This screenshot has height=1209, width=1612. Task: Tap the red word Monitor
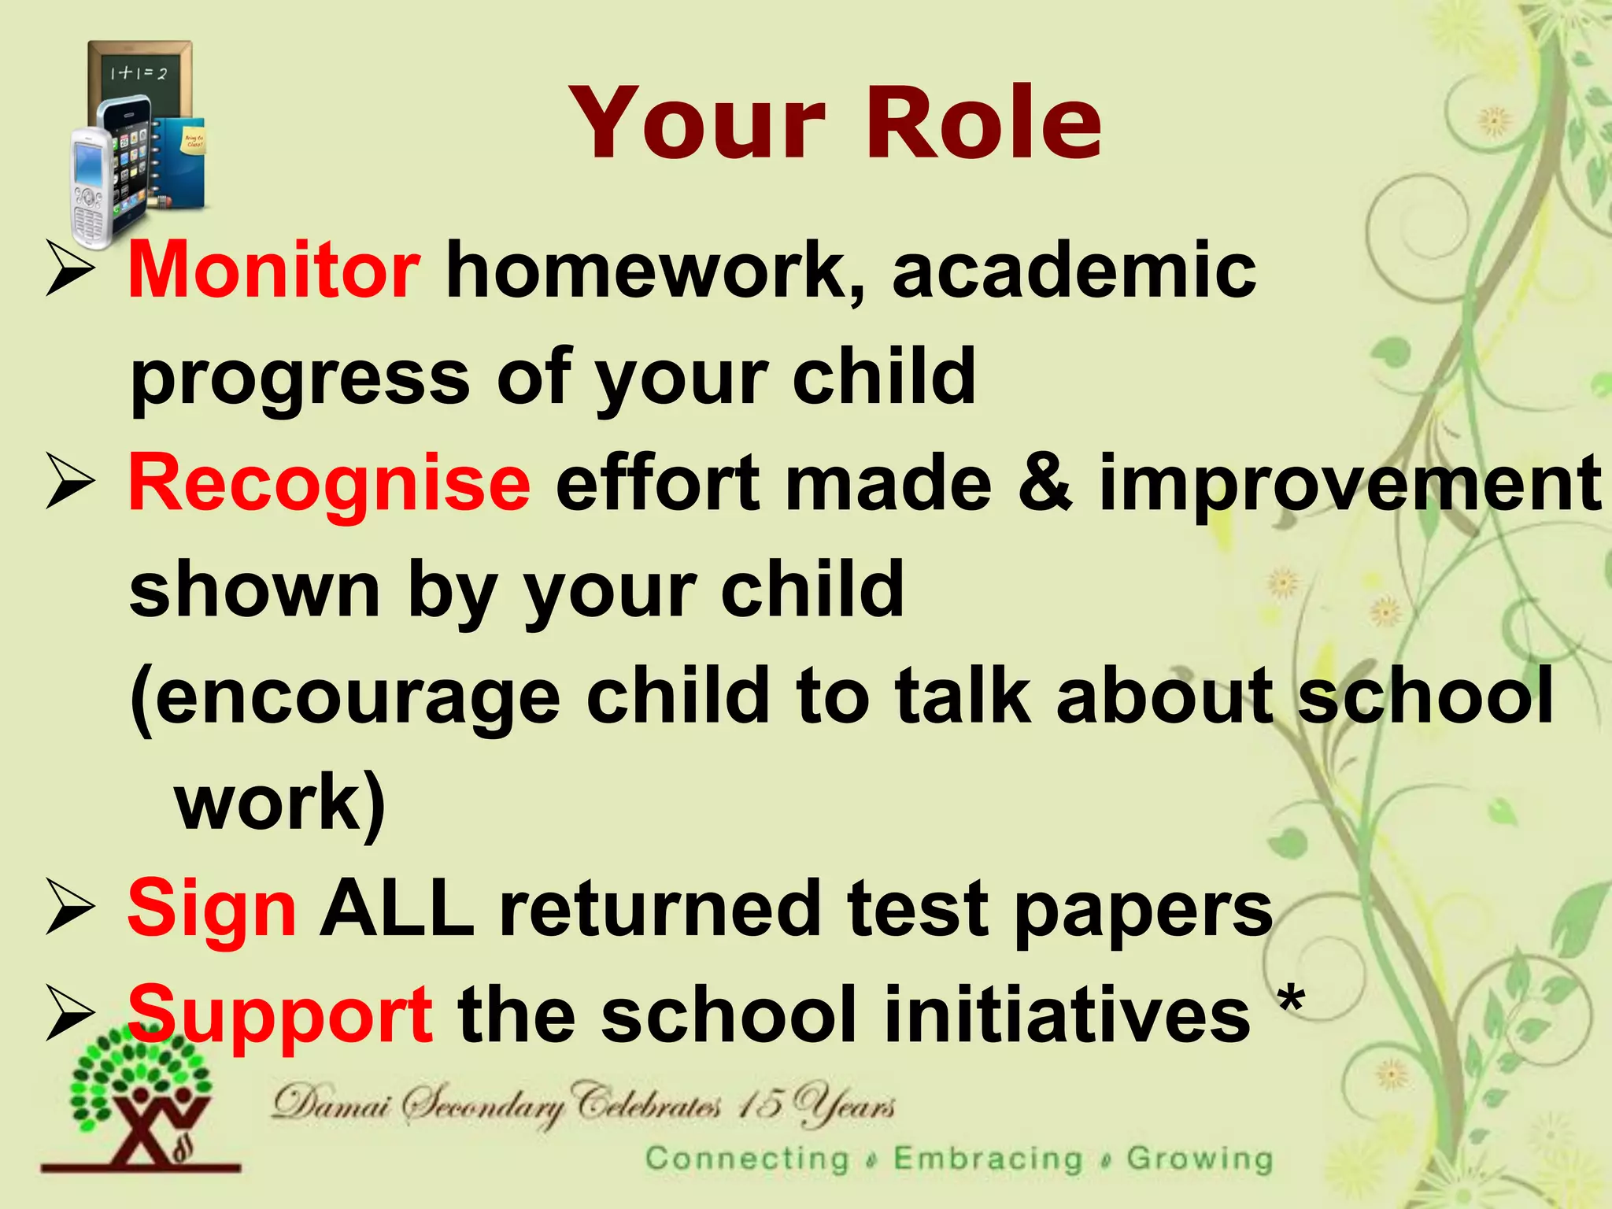pyautogui.click(x=273, y=271)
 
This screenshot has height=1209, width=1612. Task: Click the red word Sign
pyautogui.click(x=212, y=908)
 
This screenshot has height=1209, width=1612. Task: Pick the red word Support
pyautogui.click(x=279, y=1015)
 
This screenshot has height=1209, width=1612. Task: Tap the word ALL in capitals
pyautogui.click(x=397, y=908)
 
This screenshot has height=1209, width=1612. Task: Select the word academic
pyautogui.click(x=1074, y=271)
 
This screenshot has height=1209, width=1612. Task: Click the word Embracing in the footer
pyautogui.click(x=988, y=1159)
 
